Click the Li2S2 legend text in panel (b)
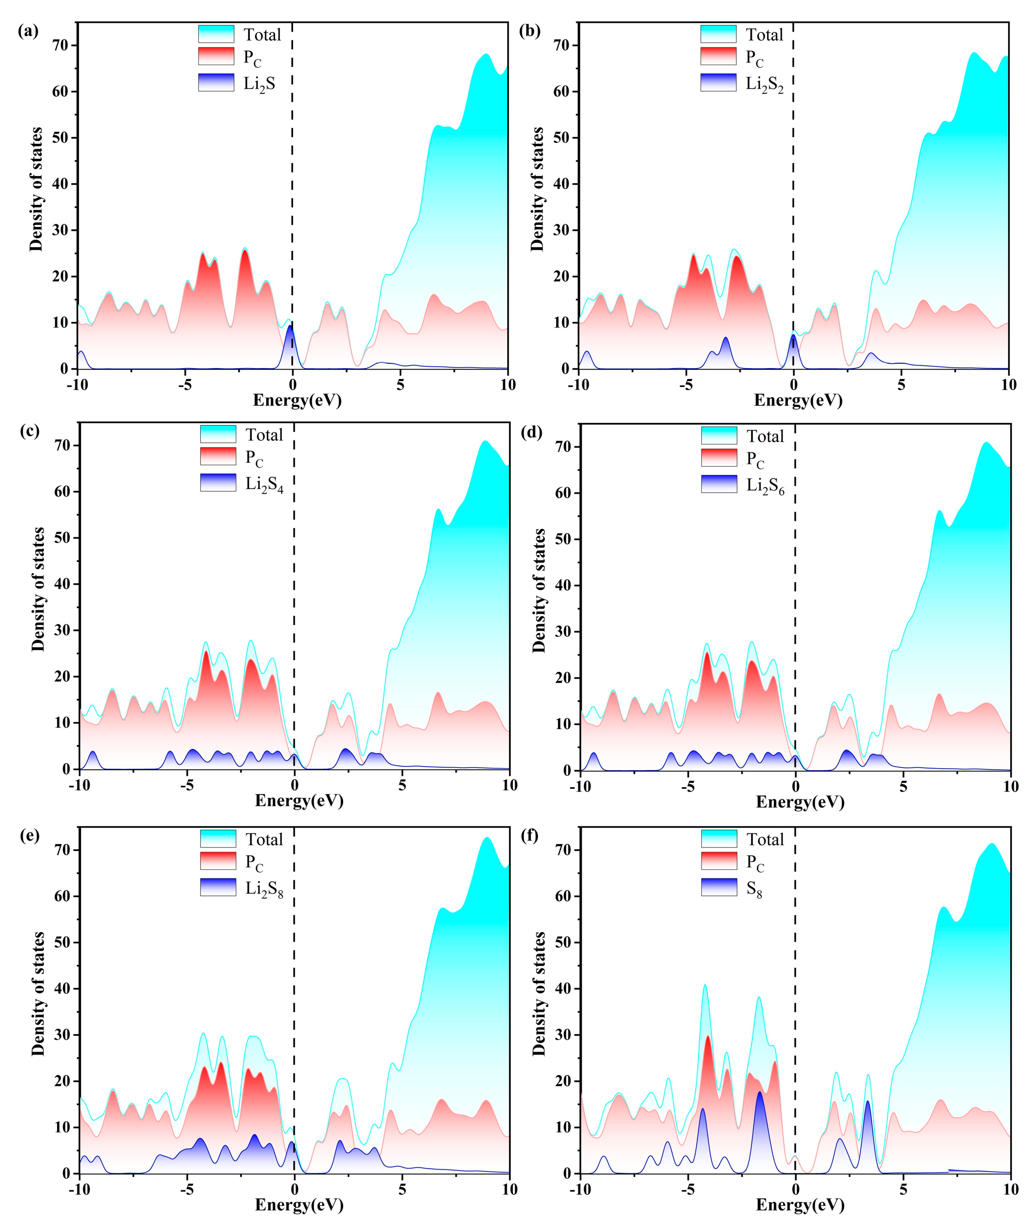click(x=764, y=84)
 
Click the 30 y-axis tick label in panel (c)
click(x=62, y=630)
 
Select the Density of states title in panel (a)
click(x=36, y=189)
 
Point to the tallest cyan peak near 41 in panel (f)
click(x=705, y=986)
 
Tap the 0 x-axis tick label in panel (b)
click(x=793, y=385)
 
